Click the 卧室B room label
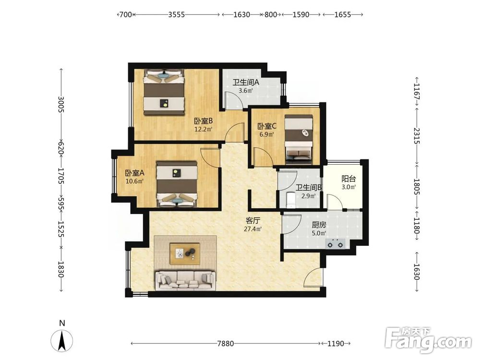click(203, 121)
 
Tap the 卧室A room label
click(134, 173)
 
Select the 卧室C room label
click(267, 126)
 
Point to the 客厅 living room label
click(253, 220)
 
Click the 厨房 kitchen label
click(319, 225)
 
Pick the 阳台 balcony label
click(348, 179)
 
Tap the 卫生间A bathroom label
click(246, 83)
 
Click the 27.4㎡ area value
click(253, 228)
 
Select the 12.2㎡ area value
click(203, 129)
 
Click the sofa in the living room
click(185, 280)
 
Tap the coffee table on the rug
click(185, 254)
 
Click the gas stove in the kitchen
click(335, 244)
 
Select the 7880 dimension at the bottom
click(226, 344)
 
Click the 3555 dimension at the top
click(177, 14)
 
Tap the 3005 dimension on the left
click(61, 104)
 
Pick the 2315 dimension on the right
click(417, 136)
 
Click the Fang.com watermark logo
click(428, 340)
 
